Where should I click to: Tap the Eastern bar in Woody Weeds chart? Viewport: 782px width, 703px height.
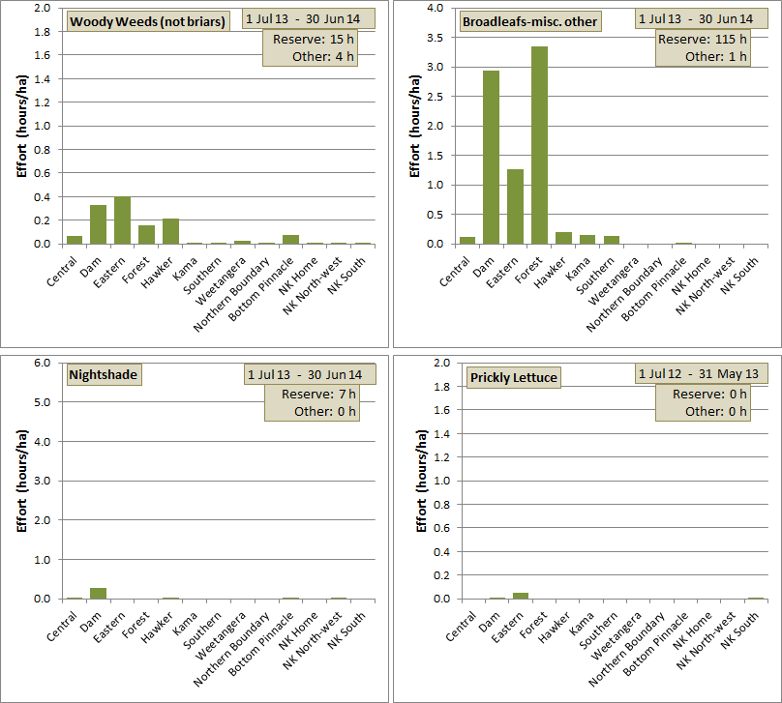[122, 220]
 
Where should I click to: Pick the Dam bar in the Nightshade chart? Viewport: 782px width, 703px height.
[98, 593]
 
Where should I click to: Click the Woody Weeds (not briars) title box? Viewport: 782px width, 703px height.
[149, 22]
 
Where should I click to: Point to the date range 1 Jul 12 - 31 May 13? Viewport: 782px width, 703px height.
[700, 373]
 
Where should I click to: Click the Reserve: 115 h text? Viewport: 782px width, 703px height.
[703, 39]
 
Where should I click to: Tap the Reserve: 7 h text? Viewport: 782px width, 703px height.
[318, 394]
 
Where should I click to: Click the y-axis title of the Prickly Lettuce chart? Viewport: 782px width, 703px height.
[421, 481]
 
